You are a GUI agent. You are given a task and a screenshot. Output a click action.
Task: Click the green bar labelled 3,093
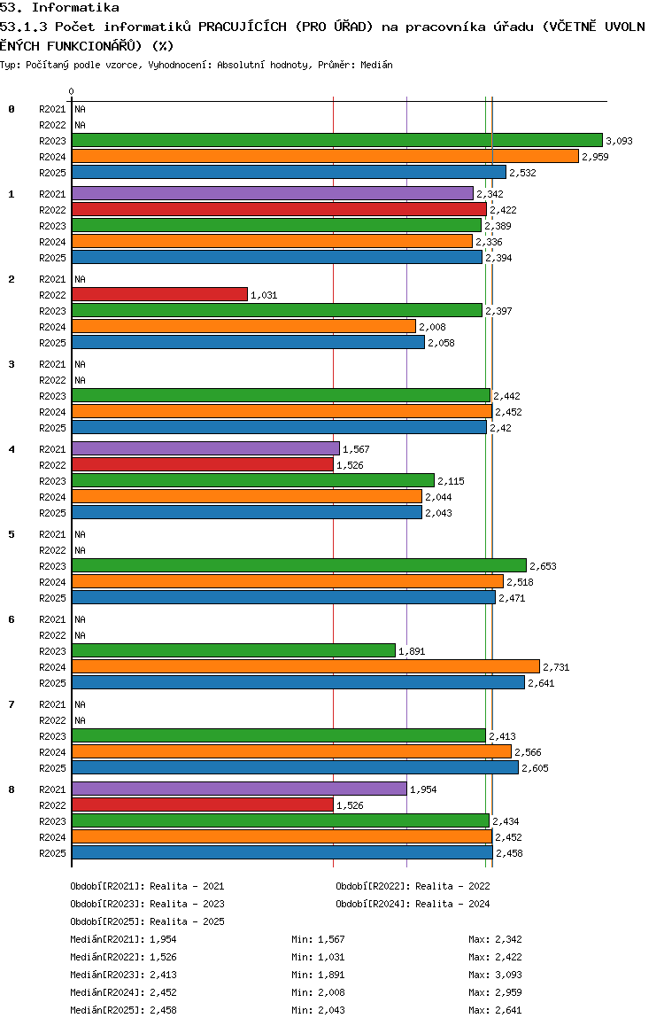337,140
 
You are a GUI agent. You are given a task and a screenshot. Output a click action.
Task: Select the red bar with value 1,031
160,294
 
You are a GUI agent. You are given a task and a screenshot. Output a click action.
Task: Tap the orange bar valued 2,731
305,667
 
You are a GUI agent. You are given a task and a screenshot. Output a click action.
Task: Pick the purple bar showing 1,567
206,449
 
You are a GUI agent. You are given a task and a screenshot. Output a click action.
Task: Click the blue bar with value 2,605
296,767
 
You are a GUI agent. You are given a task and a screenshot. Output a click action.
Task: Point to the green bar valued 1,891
234,651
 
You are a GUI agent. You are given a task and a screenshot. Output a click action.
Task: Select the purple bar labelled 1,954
239,789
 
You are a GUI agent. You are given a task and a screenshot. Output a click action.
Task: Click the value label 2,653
543,566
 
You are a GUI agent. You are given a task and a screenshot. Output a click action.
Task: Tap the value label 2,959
595,157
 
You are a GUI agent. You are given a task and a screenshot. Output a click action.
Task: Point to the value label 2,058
441,343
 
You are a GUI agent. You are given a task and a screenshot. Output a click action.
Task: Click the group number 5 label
12,534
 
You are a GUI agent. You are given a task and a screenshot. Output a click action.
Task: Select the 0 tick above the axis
71,91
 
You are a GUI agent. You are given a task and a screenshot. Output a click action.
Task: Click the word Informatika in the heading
75,7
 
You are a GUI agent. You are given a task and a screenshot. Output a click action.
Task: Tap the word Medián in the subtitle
376,65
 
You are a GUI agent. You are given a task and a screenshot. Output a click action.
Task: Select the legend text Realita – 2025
187,921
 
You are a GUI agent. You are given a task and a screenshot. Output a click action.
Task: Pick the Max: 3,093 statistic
496,975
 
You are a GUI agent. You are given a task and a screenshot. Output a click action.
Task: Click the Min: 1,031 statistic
318,957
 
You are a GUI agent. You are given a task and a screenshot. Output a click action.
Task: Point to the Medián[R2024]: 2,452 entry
124,992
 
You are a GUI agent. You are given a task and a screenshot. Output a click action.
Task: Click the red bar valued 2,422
279,209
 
